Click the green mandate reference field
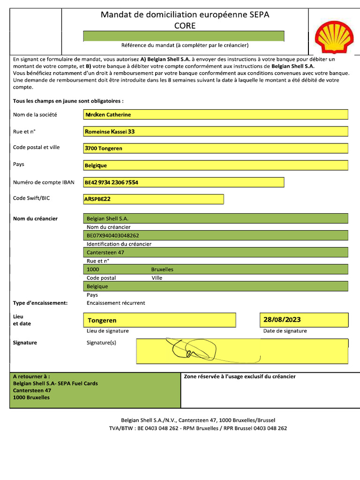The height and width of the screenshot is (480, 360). tap(183, 36)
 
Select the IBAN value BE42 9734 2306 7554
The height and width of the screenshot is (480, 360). tap(112, 182)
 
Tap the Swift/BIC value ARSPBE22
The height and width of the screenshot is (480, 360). tap(97, 199)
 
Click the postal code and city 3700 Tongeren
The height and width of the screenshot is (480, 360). tap(104, 149)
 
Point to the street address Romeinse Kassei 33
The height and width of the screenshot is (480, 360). tap(110, 132)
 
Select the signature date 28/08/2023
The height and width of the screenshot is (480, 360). tap(282, 320)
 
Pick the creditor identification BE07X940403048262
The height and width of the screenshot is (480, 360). tap(113, 235)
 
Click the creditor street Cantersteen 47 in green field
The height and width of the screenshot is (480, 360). tap(105, 252)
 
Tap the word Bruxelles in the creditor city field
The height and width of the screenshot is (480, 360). tap(162, 270)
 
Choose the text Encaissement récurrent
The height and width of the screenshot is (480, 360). tap(116, 303)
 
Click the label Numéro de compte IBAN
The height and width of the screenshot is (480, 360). tap(44, 182)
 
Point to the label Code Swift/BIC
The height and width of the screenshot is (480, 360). tap(31, 198)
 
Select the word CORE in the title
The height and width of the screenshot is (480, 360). tap(185, 26)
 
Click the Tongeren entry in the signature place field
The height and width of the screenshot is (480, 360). tap(102, 321)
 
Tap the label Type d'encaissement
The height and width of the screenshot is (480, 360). tap(40, 303)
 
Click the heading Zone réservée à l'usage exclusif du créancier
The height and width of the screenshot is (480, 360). tap(240, 376)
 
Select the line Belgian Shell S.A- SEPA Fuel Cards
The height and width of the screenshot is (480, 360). tap(55, 383)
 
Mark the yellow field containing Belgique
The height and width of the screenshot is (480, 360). tap(216, 165)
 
